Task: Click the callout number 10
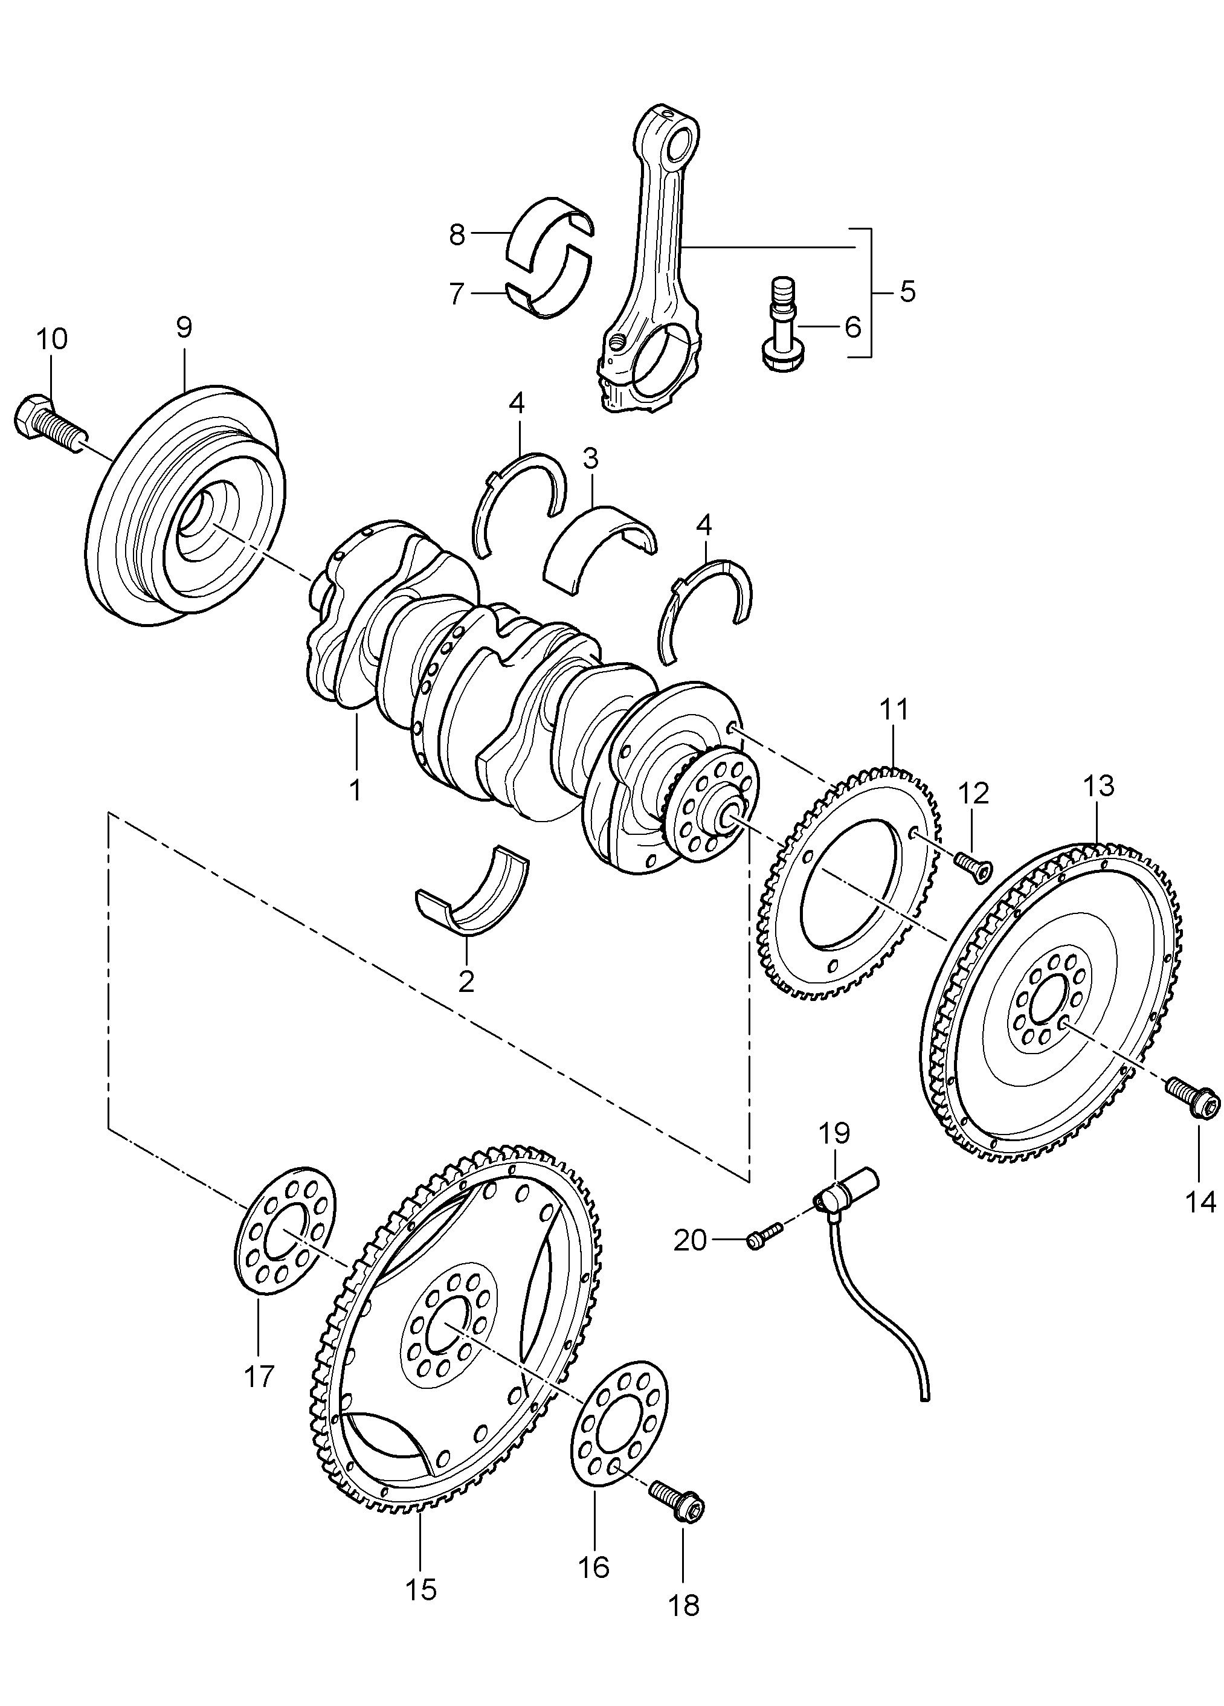pos(51,340)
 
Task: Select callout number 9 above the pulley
pos(184,327)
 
